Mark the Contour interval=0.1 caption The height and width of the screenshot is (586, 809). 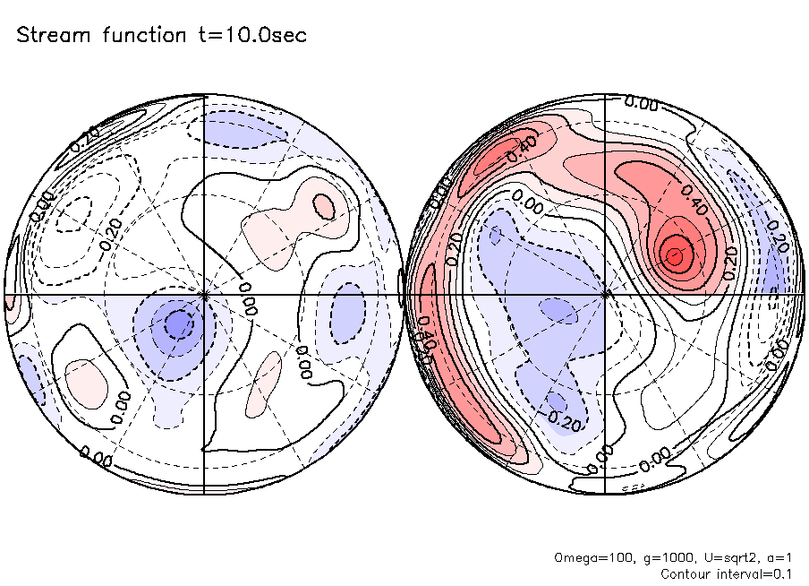tap(726, 573)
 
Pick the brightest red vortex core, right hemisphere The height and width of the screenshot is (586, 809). tap(676, 256)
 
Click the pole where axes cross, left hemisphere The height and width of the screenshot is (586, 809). tap(205, 294)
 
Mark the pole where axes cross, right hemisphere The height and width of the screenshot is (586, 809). tap(608, 294)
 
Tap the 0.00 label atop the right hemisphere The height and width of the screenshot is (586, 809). tap(641, 103)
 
